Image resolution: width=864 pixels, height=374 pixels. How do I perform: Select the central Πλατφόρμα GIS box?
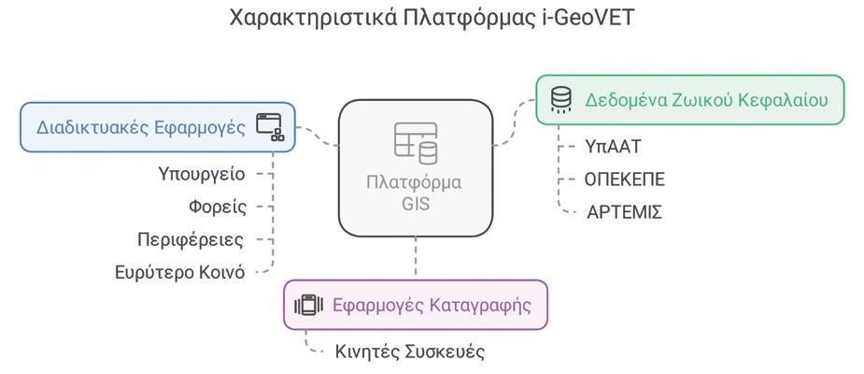pyautogui.click(x=415, y=168)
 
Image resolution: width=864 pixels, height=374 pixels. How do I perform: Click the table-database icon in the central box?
pyautogui.click(x=416, y=142)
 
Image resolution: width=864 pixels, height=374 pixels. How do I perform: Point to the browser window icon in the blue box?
pyautogui.click(x=270, y=126)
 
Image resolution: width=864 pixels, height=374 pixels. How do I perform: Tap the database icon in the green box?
pyautogui.click(x=560, y=99)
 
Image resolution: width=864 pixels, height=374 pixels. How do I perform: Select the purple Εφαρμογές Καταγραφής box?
pyautogui.click(x=415, y=305)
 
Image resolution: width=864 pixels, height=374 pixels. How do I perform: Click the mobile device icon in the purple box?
pyautogui.click(x=308, y=305)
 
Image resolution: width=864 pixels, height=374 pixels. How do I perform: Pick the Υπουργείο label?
pyautogui.click(x=202, y=174)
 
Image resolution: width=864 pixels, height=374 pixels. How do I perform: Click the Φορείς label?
pyautogui.click(x=218, y=207)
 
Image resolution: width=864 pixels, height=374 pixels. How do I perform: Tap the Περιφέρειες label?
pyautogui.click(x=191, y=239)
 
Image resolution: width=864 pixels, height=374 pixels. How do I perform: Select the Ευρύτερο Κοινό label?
pyautogui.click(x=179, y=272)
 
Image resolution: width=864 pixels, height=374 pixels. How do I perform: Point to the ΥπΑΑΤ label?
pyautogui.click(x=613, y=146)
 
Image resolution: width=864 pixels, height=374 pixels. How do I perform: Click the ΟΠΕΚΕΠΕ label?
pyautogui.click(x=625, y=179)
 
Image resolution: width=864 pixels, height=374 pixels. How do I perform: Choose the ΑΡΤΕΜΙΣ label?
pyautogui.click(x=624, y=212)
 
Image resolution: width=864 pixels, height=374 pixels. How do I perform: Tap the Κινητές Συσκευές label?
pyautogui.click(x=410, y=352)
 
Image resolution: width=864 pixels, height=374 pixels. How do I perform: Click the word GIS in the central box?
pyautogui.click(x=416, y=203)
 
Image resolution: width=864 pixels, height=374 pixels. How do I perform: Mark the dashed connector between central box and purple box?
pyautogui.click(x=416, y=257)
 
